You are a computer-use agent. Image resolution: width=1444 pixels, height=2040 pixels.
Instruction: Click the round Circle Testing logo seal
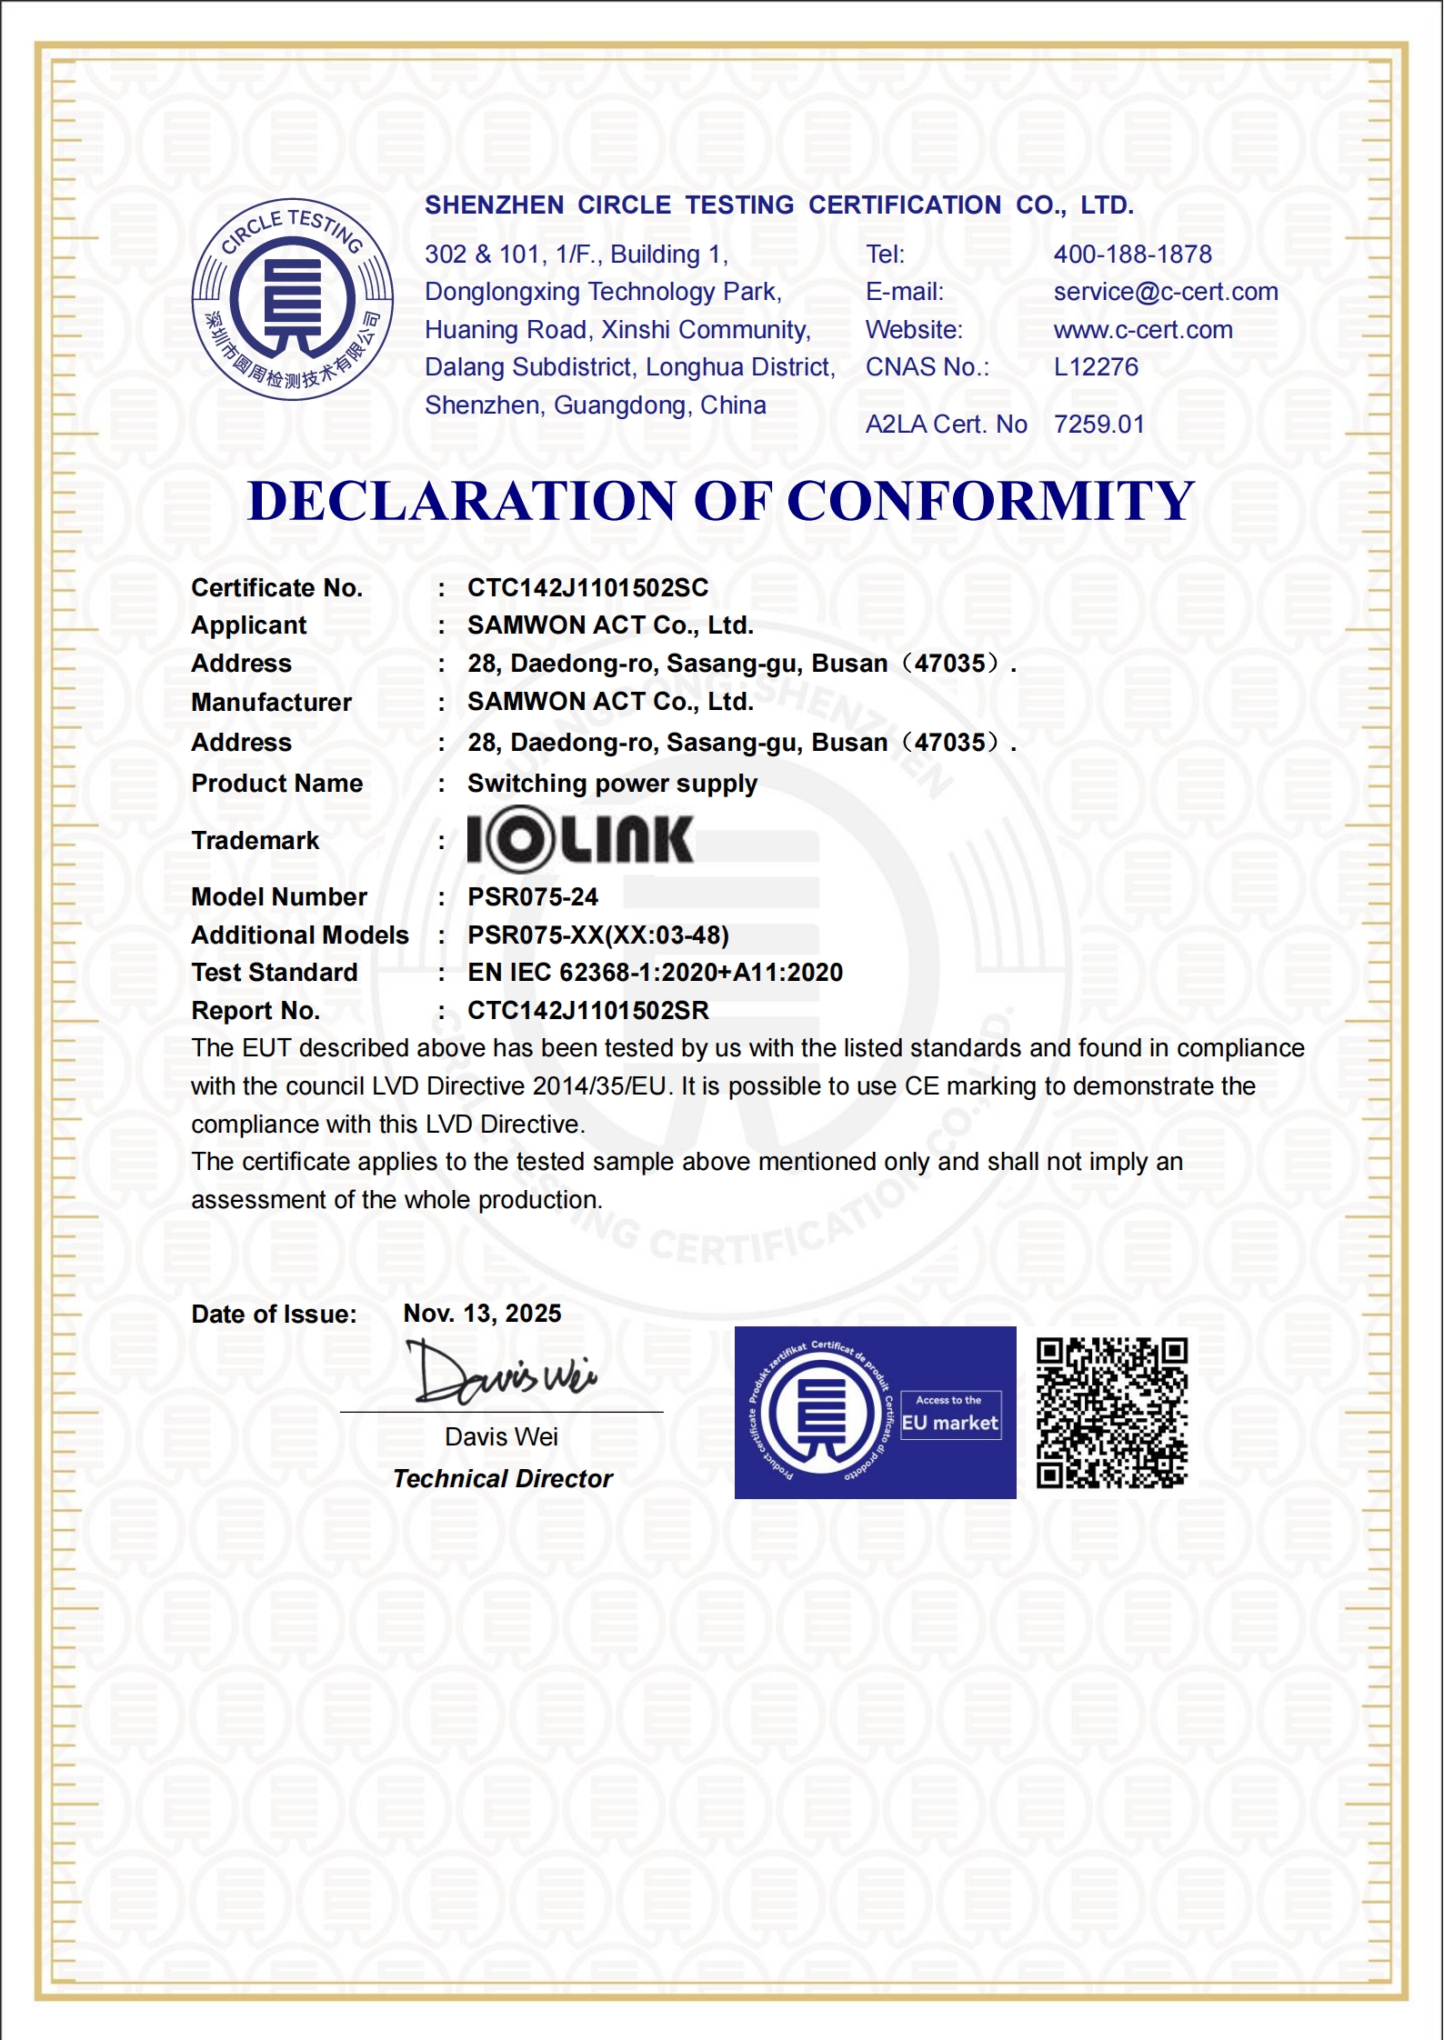point(292,299)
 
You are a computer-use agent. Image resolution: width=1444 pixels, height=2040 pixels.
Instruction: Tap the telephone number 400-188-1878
point(1132,255)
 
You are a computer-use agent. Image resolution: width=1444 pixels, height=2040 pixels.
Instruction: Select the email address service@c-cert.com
point(1166,292)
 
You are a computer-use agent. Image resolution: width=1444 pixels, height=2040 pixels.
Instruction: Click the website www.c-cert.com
point(1143,330)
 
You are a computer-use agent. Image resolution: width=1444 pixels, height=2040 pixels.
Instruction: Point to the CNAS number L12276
point(1096,367)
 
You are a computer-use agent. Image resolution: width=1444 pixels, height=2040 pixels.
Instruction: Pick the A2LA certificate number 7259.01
point(1098,425)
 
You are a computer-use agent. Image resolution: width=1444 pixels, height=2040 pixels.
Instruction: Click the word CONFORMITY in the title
point(990,501)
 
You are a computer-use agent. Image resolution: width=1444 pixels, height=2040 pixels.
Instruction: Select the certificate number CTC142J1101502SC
point(587,588)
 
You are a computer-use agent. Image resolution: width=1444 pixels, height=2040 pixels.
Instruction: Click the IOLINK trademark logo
point(580,840)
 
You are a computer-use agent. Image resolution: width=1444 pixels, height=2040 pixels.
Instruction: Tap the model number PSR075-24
point(533,897)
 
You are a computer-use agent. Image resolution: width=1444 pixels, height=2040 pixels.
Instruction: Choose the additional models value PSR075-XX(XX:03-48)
point(598,935)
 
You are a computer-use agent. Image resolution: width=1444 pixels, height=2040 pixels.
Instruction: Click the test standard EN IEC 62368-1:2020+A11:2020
point(655,973)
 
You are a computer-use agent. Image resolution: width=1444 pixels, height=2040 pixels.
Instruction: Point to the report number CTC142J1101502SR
point(587,1011)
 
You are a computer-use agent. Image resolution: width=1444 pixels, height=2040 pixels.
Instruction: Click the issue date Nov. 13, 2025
point(482,1314)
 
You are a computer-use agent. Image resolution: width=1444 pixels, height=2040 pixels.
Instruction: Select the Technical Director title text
point(503,1479)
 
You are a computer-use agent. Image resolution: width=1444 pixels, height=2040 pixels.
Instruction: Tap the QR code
point(1112,1413)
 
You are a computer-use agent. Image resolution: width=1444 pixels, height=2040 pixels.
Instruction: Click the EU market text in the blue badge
point(949,1424)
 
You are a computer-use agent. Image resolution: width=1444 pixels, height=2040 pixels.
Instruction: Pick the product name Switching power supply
point(612,784)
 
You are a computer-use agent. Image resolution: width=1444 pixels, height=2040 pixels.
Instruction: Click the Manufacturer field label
point(271,703)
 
